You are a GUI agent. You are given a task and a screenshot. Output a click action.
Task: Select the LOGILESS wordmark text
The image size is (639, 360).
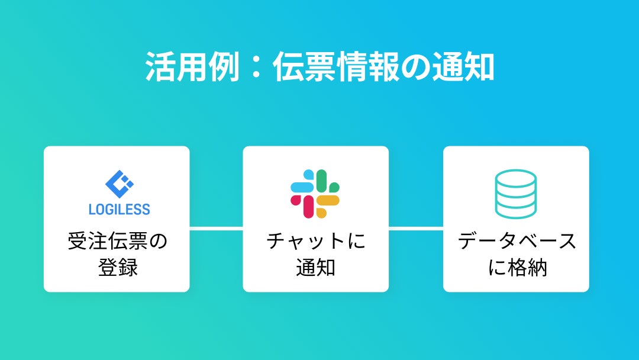pyautogui.click(x=119, y=209)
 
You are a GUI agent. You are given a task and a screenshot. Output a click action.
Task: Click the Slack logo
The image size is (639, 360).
pyautogui.click(x=315, y=194)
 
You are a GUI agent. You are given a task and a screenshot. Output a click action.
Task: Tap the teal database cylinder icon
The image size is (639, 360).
pyautogui.click(x=515, y=194)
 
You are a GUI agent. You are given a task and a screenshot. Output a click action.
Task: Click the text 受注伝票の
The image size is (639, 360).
pyautogui.click(x=117, y=242)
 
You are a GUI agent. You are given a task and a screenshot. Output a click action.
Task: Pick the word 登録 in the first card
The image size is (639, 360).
pyautogui.click(x=117, y=267)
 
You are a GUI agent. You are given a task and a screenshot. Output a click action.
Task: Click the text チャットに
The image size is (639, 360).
pyautogui.click(x=316, y=242)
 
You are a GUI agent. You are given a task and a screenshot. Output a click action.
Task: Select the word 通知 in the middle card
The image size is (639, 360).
pyautogui.click(x=316, y=267)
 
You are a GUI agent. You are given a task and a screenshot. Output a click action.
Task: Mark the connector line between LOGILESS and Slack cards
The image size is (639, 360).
pyautogui.click(x=216, y=228)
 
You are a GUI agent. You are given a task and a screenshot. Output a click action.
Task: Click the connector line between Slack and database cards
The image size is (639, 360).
pyautogui.click(x=416, y=228)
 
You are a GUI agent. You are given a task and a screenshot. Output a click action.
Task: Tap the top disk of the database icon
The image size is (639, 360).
pyautogui.click(x=515, y=177)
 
